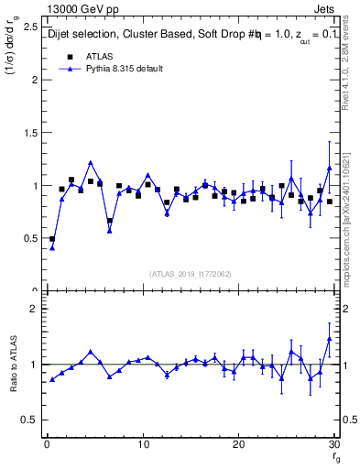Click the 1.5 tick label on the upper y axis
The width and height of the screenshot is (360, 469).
point(29,133)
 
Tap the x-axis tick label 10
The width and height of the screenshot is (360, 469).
point(143,445)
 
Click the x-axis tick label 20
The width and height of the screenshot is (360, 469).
point(239,445)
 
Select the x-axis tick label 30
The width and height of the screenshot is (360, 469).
point(334,445)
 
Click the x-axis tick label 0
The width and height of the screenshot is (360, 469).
point(47,445)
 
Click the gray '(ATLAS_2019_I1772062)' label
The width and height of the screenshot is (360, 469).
point(191,274)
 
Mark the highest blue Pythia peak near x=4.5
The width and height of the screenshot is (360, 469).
point(91,163)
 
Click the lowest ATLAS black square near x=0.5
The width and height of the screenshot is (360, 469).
point(52,239)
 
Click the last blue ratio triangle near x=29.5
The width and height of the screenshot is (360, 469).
point(330,339)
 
